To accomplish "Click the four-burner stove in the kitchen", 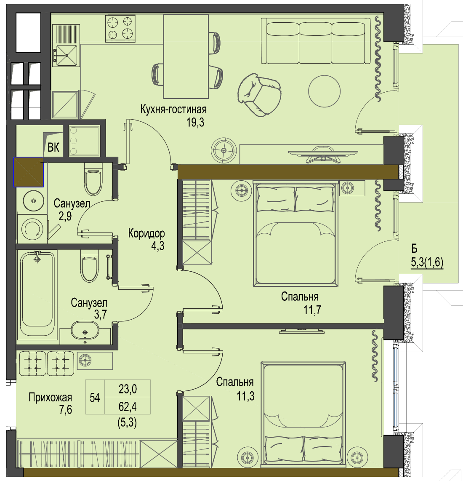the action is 120,29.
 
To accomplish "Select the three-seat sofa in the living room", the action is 316,41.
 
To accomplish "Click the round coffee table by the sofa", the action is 324,91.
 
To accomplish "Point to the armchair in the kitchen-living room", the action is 259,95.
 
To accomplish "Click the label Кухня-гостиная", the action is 173,109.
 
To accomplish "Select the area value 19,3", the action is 195,123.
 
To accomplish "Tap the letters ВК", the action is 53,147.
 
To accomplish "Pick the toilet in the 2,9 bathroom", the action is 93,179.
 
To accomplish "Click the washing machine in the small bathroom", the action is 32,229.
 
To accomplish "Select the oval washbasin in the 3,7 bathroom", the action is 85,330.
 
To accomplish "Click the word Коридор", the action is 146,234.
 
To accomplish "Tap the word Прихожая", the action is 50,398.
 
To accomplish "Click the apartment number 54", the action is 95,398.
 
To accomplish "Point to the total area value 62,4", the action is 128,407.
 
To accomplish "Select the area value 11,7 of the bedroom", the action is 312,310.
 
